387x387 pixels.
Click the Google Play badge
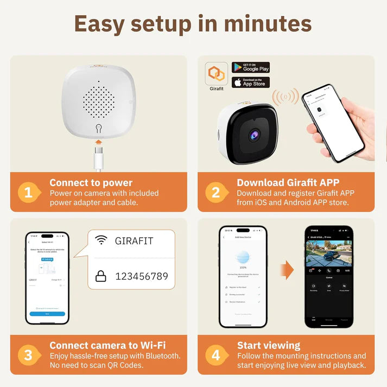251,67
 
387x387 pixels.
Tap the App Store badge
251,82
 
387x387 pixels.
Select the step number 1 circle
29,192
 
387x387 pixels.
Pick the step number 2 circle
216,192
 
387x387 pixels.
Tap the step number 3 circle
29,355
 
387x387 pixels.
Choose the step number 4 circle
216,355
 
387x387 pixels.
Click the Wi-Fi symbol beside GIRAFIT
101,241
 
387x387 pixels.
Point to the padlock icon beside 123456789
101,276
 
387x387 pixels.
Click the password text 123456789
141,276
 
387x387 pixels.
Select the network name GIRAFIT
134,241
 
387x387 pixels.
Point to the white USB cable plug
98,161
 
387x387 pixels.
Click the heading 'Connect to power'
91,183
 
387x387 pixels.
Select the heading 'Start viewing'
268,345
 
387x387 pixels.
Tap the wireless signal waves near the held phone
285,98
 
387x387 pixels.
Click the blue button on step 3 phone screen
47,314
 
